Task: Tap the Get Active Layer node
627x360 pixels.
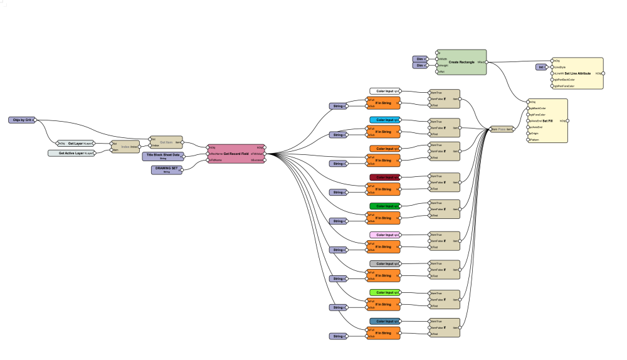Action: pos(70,153)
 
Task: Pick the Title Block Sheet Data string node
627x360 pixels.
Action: pos(162,156)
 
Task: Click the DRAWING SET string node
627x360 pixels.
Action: pos(166,170)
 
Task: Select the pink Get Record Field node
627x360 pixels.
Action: pos(237,154)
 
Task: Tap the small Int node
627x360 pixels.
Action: pos(540,66)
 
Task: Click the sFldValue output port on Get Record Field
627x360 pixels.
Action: pos(265,153)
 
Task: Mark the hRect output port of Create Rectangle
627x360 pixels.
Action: pos(487,62)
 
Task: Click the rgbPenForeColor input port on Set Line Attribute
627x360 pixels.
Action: pos(551,87)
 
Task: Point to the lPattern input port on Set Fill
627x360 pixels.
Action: pos(528,140)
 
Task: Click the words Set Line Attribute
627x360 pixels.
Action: pos(582,73)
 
